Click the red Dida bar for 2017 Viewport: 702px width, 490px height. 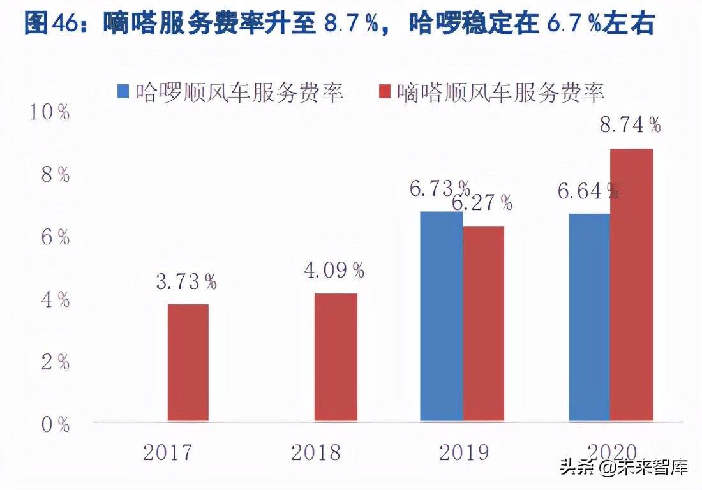coord(188,362)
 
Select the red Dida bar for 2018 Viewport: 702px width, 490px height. coord(336,357)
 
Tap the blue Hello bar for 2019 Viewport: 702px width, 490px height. coord(442,316)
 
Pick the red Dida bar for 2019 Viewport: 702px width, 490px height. coord(484,323)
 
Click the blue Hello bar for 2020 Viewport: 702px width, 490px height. coord(590,317)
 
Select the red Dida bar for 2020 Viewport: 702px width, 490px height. coord(632,285)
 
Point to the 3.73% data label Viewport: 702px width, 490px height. coord(186,281)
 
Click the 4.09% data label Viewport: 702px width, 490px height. coord(334,270)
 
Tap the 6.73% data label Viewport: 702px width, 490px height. coord(440,188)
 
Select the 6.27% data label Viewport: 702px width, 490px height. coord(482,203)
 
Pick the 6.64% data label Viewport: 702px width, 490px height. coord(588,191)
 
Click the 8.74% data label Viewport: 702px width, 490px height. coord(631,124)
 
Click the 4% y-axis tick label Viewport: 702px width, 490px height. coord(55,300)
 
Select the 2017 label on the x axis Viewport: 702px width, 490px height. coord(167,452)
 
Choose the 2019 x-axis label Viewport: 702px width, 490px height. coord(464,452)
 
